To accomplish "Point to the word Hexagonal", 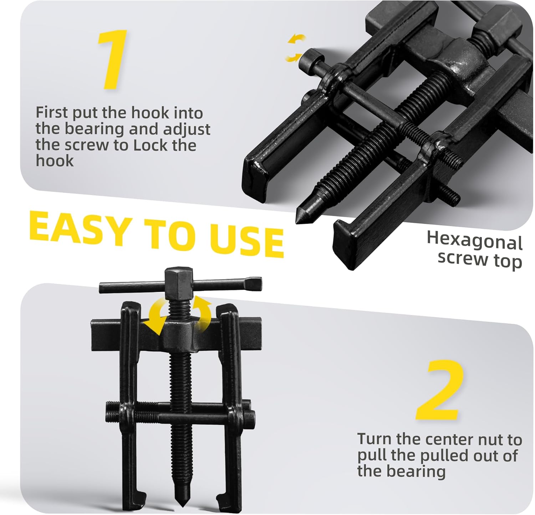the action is pyautogui.click(x=475, y=241).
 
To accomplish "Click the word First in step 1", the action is pyautogui.click(x=52, y=113).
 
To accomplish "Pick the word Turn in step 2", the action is pyautogui.click(x=373, y=439).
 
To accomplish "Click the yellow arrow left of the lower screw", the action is pyautogui.click(x=155, y=317).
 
